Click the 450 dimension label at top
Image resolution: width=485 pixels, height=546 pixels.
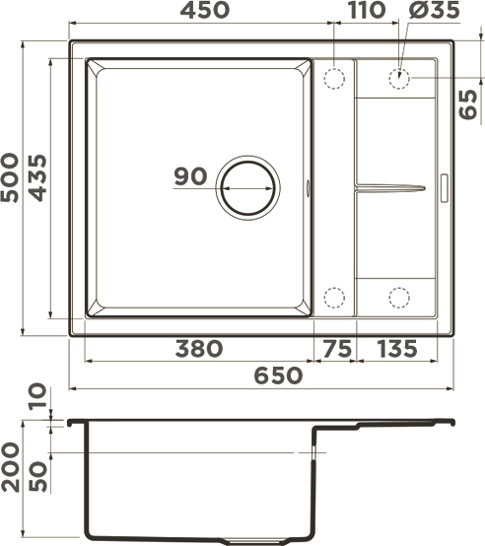pos(205,10)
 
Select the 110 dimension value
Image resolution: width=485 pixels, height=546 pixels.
pos(367,10)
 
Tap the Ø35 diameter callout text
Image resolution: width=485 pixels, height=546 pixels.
pos(435,10)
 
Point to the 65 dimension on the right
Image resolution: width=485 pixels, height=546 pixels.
pos(468,104)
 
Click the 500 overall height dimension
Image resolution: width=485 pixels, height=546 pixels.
pos(10,177)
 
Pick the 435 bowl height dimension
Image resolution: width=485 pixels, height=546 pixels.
pos(37,178)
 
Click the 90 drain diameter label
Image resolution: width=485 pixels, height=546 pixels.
pos(190,175)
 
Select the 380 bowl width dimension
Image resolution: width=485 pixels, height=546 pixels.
pos(199,349)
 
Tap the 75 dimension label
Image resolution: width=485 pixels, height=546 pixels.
pos(337,349)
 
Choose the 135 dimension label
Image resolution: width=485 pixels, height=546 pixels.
pos(397,349)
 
